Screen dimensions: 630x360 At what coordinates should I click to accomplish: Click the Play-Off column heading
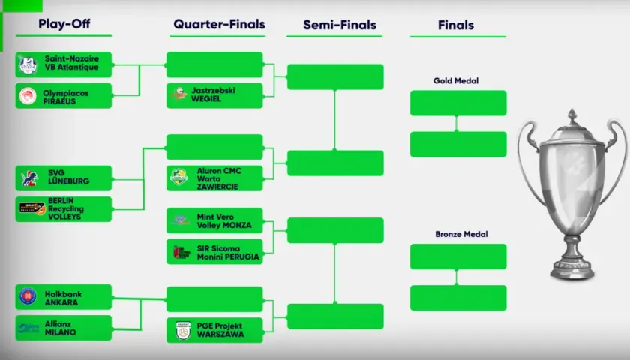point(64,24)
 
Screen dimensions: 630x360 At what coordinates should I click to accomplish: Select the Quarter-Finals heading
point(219,24)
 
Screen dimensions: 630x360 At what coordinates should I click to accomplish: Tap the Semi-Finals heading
point(340,25)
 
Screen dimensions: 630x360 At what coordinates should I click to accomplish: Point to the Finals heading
point(456,25)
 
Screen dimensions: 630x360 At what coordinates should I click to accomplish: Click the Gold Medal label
point(456,80)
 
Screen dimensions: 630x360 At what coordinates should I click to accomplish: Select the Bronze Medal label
point(461,234)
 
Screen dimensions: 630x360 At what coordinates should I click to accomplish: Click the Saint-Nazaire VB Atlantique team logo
point(28,65)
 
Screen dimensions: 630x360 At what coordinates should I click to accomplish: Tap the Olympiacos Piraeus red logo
point(28,96)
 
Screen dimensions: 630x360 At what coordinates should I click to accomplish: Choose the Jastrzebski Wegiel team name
point(213,94)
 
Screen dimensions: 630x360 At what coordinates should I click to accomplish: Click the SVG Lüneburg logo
point(29,178)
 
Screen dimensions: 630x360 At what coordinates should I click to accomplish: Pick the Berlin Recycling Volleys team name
point(66,208)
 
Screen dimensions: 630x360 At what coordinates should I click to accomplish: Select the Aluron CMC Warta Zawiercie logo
point(179,177)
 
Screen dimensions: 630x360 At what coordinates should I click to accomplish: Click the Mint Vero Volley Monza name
point(224,221)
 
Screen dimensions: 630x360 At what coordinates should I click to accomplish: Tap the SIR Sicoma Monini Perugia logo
point(181,252)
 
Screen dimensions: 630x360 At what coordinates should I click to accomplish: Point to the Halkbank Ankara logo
point(28,296)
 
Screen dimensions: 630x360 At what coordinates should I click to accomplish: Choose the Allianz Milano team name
point(60,328)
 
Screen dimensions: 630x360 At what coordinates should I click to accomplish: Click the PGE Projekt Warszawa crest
point(183,330)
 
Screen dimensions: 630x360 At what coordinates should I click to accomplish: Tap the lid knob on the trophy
point(572,115)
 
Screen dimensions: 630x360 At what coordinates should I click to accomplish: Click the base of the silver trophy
point(572,269)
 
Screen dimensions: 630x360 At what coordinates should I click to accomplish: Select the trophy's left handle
point(526,160)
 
